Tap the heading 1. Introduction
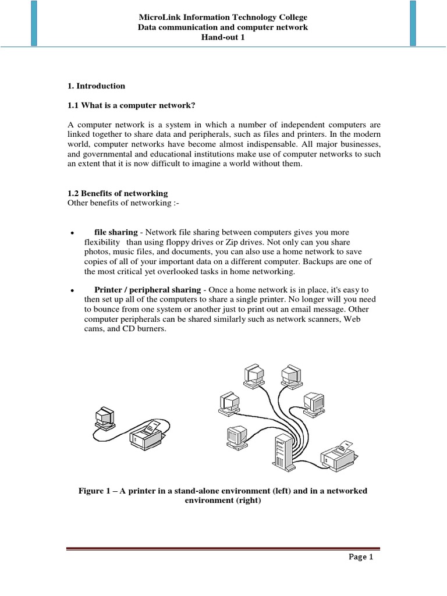point(97,86)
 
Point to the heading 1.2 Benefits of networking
point(118,193)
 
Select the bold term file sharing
point(116,232)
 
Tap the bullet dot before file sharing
point(70,233)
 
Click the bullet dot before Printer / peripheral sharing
point(70,290)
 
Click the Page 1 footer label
point(361,557)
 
